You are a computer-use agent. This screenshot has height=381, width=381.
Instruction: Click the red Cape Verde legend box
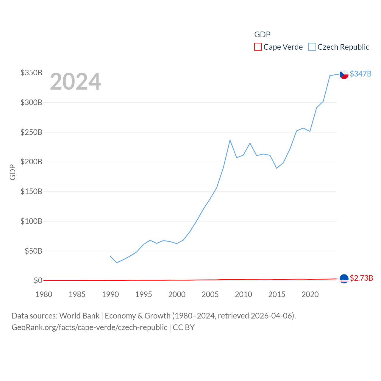click(258, 47)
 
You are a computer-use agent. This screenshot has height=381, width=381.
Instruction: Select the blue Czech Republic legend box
click(312, 47)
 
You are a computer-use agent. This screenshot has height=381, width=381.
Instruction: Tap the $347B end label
click(360, 74)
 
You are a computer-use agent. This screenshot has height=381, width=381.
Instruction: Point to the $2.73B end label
click(361, 278)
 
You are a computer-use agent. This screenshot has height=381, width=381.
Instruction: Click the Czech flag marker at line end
click(344, 74)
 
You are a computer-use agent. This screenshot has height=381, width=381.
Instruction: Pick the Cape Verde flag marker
click(344, 279)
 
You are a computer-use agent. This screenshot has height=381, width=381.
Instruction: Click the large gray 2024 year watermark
click(75, 82)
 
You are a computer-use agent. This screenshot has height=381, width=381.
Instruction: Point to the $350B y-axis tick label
click(31, 73)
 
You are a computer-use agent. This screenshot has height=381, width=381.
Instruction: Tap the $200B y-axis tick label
click(31, 162)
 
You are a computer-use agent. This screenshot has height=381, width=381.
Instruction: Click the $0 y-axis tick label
click(38, 280)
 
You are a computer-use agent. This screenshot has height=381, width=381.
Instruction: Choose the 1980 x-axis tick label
click(44, 294)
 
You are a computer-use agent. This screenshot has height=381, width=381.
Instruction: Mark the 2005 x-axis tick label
click(210, 294)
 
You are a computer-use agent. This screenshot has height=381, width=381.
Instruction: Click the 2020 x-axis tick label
click(310, 294)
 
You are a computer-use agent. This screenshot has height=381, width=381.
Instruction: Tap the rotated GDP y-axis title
click(13, 172)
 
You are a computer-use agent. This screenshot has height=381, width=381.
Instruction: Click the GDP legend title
click(262, 35)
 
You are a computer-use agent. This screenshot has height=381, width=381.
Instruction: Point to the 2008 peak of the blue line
click(230, 140)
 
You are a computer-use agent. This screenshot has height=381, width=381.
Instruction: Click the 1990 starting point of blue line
click(110, 256)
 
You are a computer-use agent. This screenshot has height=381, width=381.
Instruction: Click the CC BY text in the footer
click(184, 327)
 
